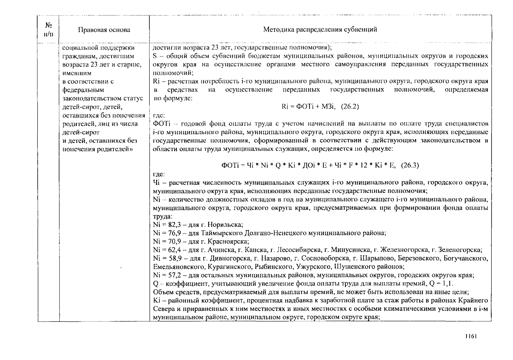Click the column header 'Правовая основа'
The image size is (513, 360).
104,30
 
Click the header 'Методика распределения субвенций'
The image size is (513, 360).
320,29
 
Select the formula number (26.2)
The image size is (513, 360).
350,106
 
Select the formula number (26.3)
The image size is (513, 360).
410,165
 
